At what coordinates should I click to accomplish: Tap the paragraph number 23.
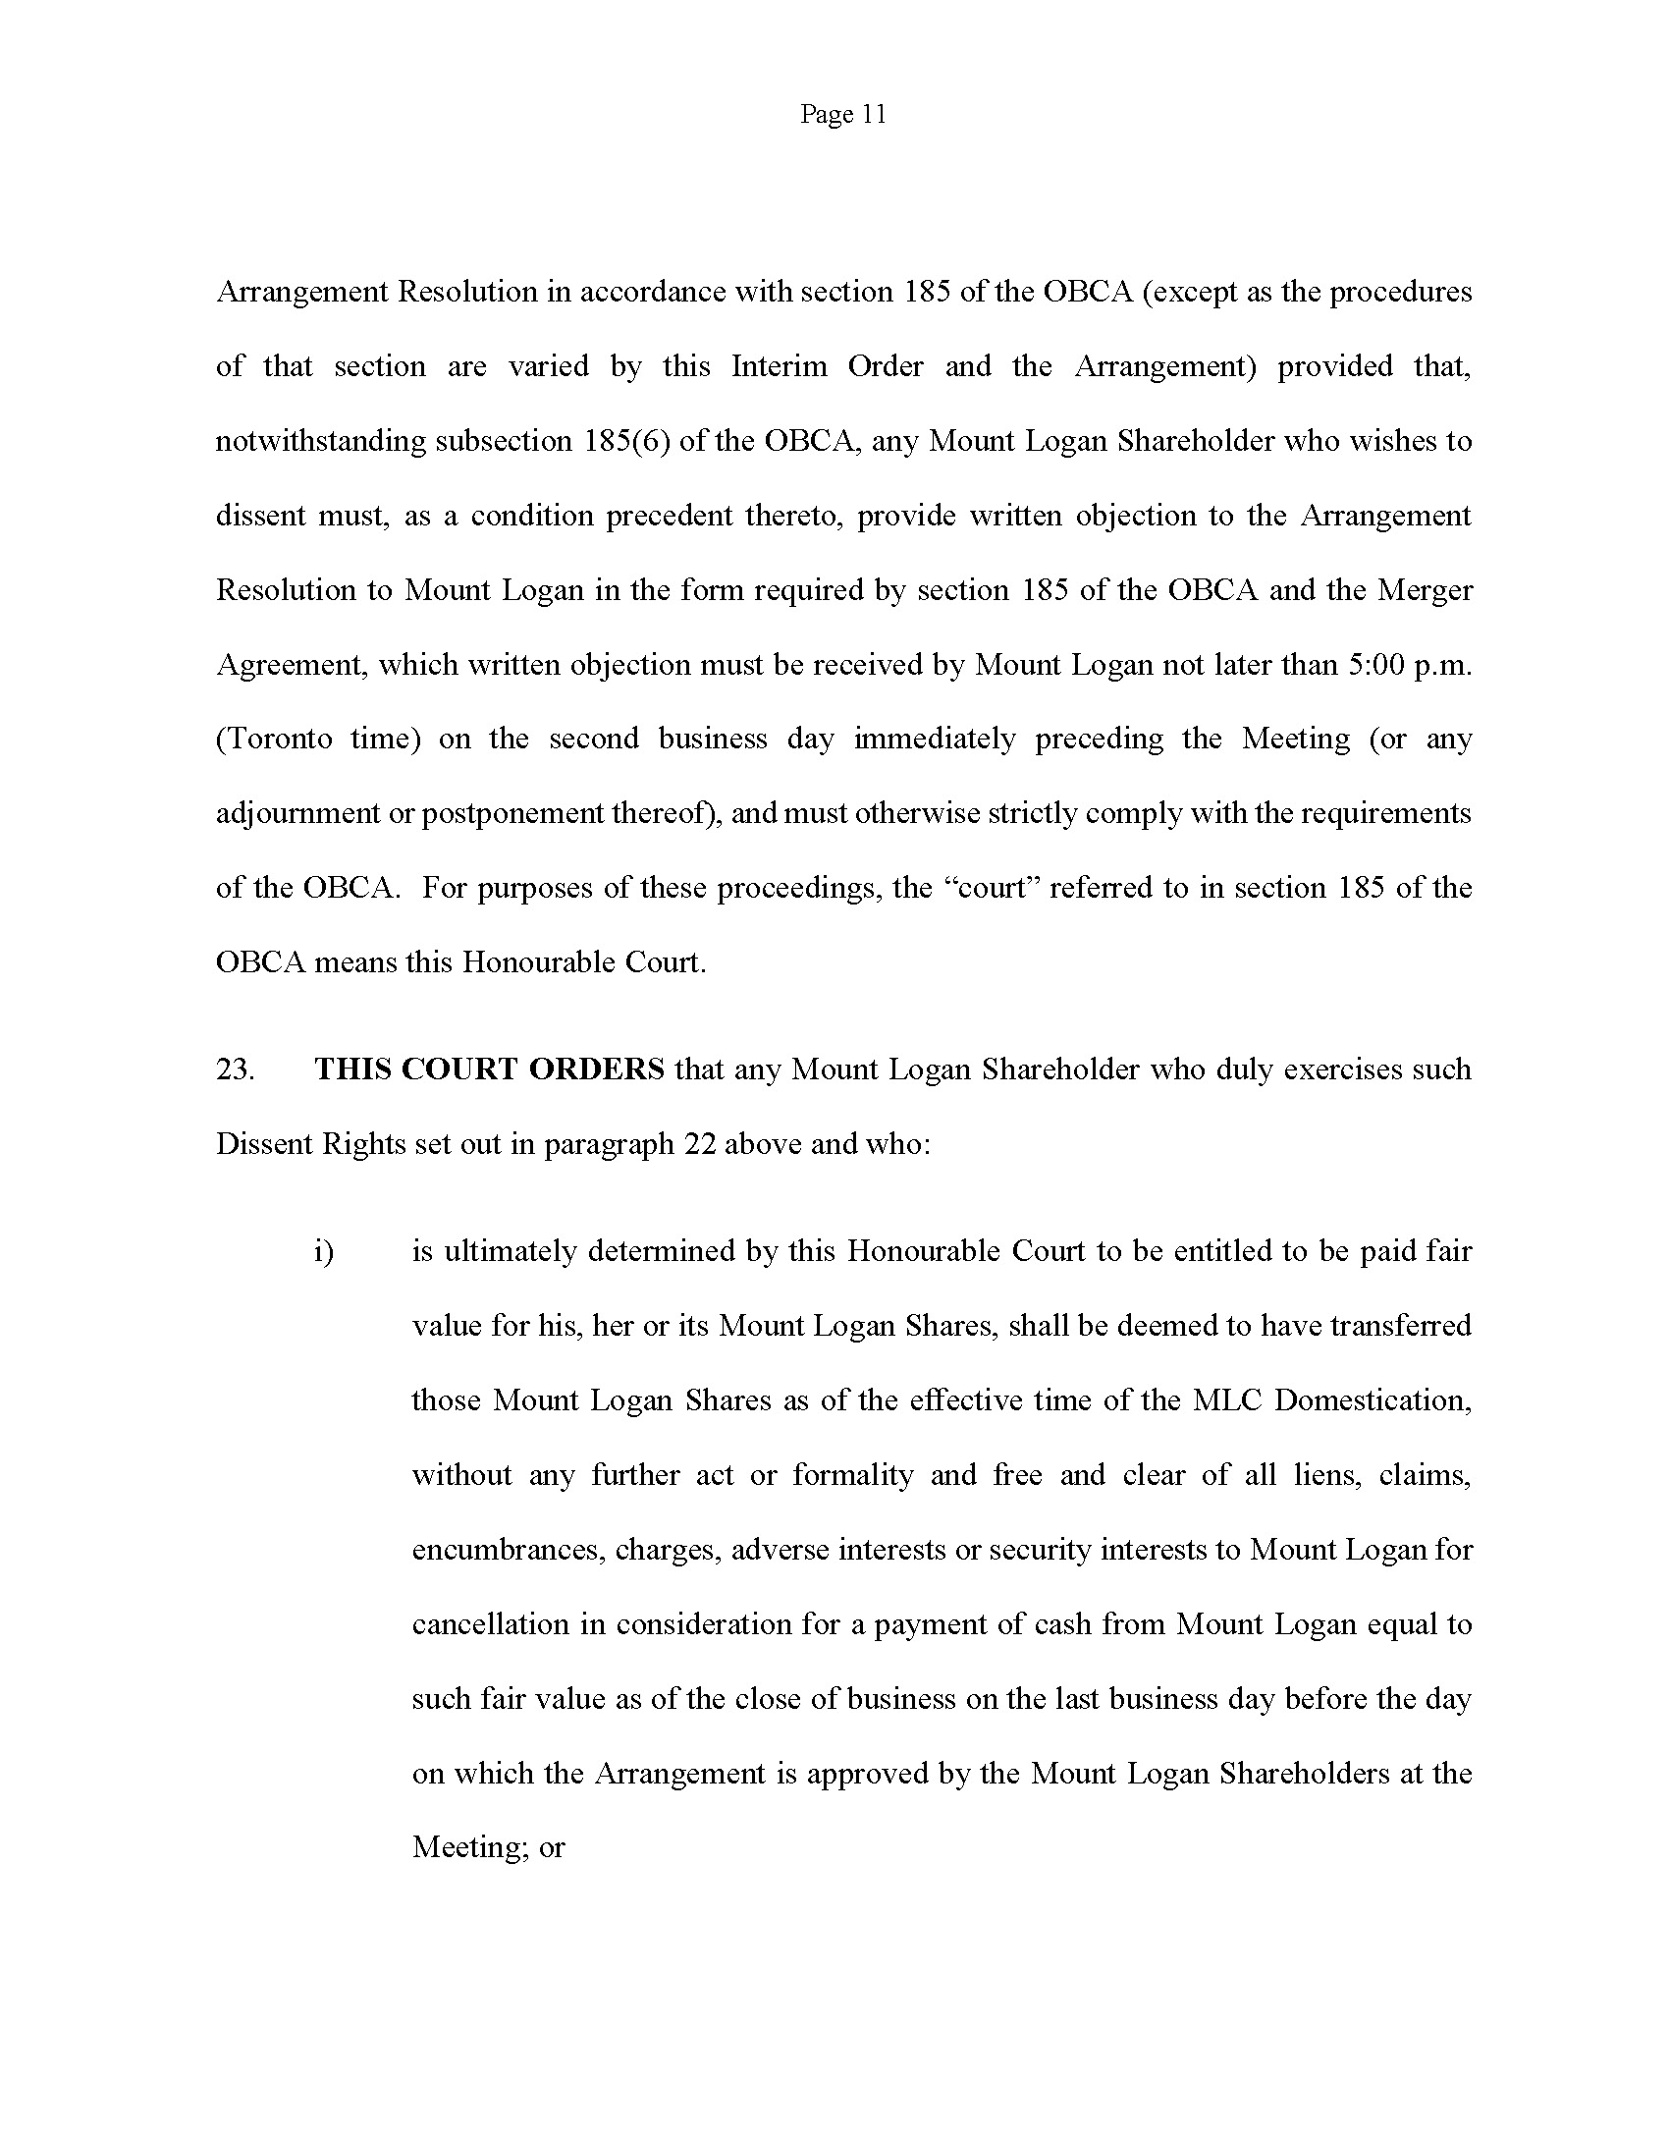pos(235,1069)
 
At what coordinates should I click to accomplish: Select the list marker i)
pos(324,1252)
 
